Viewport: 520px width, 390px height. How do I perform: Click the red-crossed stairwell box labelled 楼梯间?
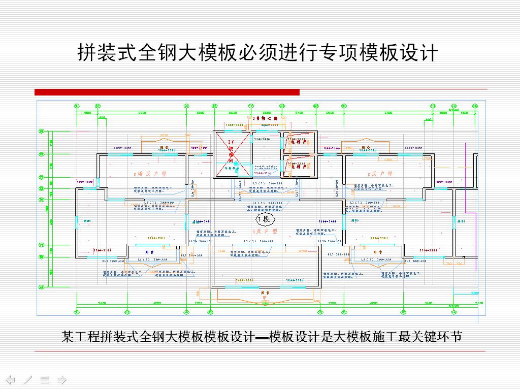[232, 154]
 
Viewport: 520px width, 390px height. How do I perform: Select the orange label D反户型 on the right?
[381, 174]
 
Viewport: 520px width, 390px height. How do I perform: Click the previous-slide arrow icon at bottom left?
[11, 379]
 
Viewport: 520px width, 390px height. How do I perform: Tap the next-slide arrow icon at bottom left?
[62, 379]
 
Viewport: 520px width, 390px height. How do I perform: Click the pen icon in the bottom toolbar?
[27, 379]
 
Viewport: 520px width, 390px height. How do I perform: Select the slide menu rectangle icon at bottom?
[45, 379]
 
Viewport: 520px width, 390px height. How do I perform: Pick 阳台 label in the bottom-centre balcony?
[265, 292]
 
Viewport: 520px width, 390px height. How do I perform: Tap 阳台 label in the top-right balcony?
[365, 148]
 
